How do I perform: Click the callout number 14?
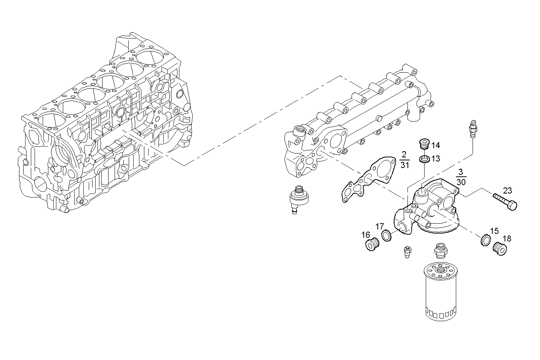[x=436, y=145]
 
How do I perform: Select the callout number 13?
[x=436, y=158]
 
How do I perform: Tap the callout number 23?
[x=507, y=190]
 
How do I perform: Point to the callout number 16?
[x=366, y=235]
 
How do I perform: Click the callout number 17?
[x=379, y=226]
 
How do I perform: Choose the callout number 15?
[x=494, y=231]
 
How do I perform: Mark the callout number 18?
[x=507, y=239]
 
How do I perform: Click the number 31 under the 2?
[x=404, y=165]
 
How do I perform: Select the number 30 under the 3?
[x=461, y=182]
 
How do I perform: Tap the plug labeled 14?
[x=423, y=144]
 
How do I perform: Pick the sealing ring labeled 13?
[x=425, y=158]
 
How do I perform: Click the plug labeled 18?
[x=499, y=249]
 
